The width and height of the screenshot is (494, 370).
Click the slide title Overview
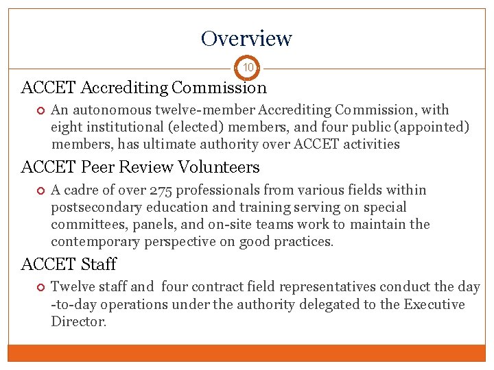pyautogui.click(x=246, y=38)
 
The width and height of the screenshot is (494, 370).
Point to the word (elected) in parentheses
pyautogui.click(x=186, y=127)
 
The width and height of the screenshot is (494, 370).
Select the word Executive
pyautogui.click(x=432, y=304)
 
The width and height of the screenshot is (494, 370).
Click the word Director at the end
pyautogui.click(x=78, y=321)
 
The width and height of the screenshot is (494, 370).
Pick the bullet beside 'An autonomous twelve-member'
pyautogui.click(x=40, y=110)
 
